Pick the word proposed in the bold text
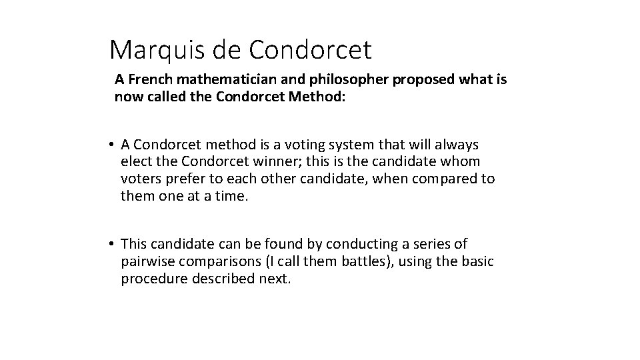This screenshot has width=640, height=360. tap(418, 80)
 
